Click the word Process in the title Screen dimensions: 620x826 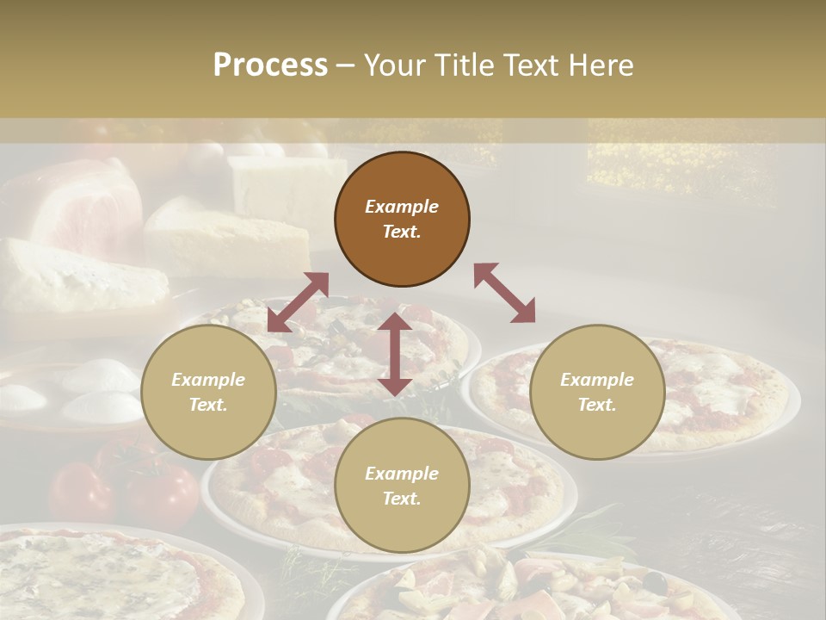coord(270,65)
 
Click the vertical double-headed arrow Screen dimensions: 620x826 coord(395,354)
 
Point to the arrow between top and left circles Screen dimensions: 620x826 coord(298,302)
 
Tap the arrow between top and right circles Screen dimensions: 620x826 coord(505,293)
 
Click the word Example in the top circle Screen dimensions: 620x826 coord(402,207)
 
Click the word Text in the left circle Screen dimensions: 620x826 coord(208,405)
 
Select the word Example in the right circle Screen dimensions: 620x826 coord(597,380)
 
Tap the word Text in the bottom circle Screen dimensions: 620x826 coord(402,499)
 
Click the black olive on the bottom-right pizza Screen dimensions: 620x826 coord(656,582)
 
